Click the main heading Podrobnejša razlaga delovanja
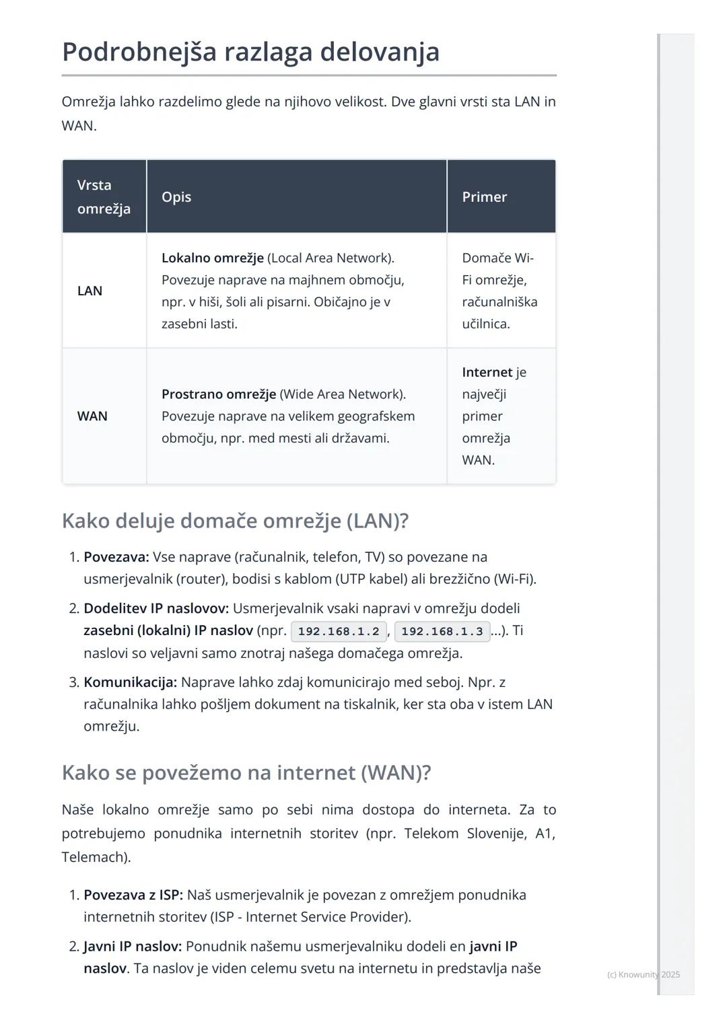pos(250,52)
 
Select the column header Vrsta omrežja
pos(104,196)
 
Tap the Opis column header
pos(176,197)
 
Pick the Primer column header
pos(484,197)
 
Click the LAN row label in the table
pos(90,291)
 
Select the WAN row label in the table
pos(92,416)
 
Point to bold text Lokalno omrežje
pos(212,258)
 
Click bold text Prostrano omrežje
pos(218,394)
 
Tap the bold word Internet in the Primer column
pos(487,373)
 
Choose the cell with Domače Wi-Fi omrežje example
pos(499,291)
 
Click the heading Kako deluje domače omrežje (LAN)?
pos(235,521)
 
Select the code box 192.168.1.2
pos(339,632)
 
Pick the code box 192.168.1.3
pos(442,632)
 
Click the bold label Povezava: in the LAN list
pos(116,557)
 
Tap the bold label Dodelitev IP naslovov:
pos(156,608)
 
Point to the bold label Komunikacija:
pos(130,682)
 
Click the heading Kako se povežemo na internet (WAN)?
pos(246,772)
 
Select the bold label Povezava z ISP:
pos(133,895)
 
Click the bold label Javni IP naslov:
pos(133,946)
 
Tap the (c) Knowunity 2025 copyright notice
pos(643,974)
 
